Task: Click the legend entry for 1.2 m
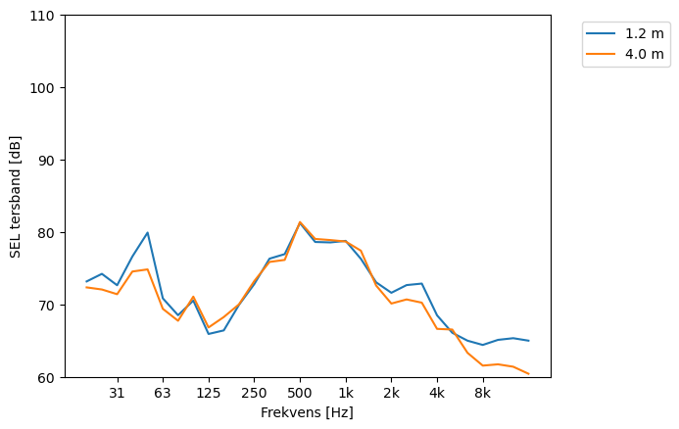click(x=644, y=32)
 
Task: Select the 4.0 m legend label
click(x=644, y=54)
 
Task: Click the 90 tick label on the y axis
click(x=46, y=161)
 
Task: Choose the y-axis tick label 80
click(x=46, y=233)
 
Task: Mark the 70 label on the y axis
click(x=46, y=306)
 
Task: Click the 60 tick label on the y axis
click(x=46, y=378)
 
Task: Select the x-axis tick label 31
click(x=117, y=394)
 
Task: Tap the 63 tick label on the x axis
click(x=163, y=394)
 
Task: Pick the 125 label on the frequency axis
click(x=208, y=394)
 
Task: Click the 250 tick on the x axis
click(x=254, y=394)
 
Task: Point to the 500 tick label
click(x=300, y=394)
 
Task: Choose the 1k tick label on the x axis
click(x=345, y=394)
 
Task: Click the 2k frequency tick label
click(x=391, y=394)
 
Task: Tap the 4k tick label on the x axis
click(x=437, y=394)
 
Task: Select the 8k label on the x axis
click(x=482, y=394)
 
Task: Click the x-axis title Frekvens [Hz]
click(x=307, y=412)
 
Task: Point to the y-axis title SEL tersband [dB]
click(x=15, y=197)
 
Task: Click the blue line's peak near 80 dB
click(x=147, y=233)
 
